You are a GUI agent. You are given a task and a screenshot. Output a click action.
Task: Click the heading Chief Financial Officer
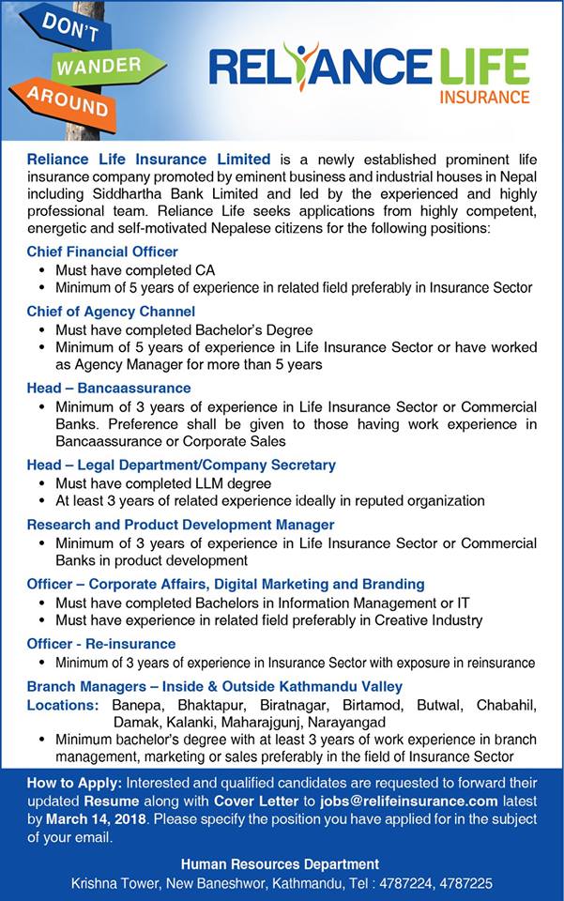102,252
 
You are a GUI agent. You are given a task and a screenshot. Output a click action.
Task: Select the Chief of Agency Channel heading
111,311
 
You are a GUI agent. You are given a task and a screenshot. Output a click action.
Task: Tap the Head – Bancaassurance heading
109,388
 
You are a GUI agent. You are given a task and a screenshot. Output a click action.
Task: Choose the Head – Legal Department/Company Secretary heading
181,465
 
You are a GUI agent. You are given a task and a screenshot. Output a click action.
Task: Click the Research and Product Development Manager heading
180,525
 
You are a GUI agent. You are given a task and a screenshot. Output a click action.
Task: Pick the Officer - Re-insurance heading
101,643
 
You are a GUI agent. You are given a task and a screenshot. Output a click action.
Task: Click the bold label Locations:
63,704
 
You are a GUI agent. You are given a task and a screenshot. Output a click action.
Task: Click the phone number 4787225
466,883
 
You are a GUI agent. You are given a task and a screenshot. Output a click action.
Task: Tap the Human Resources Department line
282,863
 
